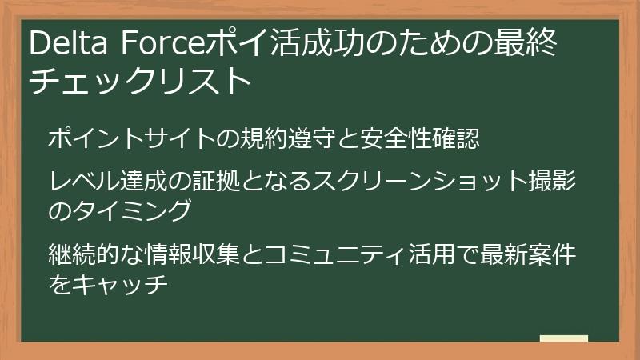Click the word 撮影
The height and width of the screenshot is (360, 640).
coord(564,182)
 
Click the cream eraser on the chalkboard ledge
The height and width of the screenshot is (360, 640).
coord(563,338)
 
